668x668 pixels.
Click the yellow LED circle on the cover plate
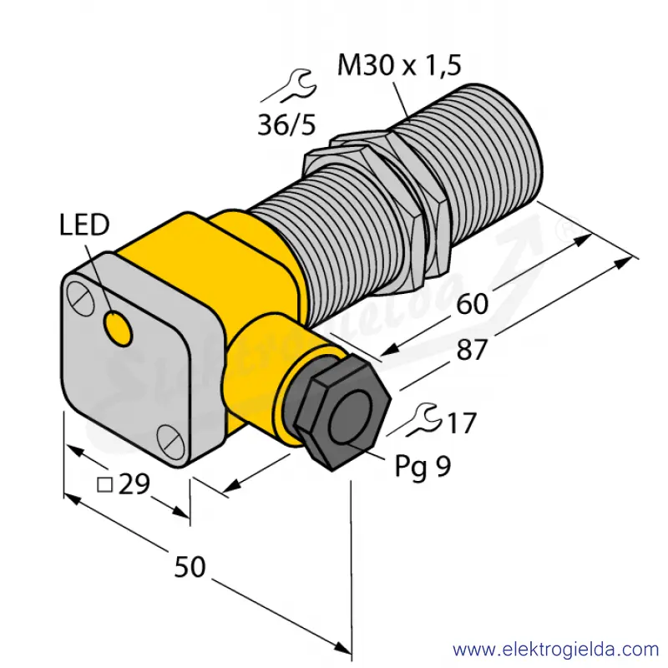118,328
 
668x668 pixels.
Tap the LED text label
84,225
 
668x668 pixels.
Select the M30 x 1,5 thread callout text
399,66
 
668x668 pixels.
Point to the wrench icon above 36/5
289,87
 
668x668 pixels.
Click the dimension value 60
472,305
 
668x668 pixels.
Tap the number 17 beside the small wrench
462,423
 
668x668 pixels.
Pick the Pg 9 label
423,467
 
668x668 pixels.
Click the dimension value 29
134,484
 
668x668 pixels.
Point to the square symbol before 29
105,485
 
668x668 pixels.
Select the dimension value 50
190,567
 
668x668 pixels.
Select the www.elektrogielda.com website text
556,650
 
